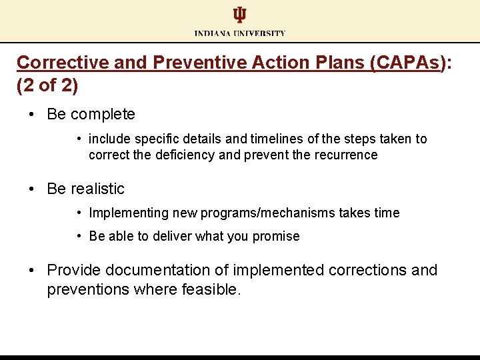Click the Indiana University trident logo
pyautogui.click(x=239, y=15)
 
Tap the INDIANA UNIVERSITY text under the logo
pyautogui.click(x=240, y=33)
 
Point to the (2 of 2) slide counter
pyautogui.click(x=47, y=85)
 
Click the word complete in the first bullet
pyautogui.click(x=103, y=114)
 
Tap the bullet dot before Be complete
pyautogui.click(x=32, y=114)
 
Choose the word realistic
pyautogui.click(x=97, y=189)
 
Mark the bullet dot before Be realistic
pyautogui.click(x=32, y=189)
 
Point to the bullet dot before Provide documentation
pyautogui.click(x=32, y=270)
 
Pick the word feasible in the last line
pyautogui.click(x=209, y=290)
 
